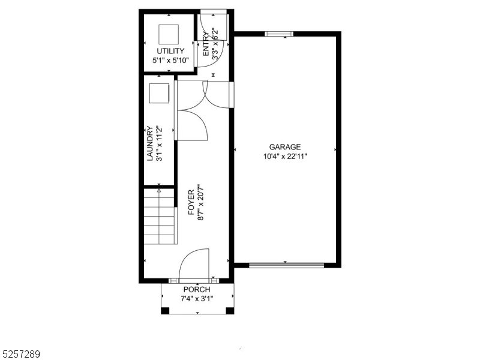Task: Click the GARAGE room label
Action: [284, 147]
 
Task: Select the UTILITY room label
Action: [170, 51]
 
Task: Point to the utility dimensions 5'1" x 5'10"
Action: [170, 60]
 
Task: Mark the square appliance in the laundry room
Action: [159, 94]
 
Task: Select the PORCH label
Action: [197, 289]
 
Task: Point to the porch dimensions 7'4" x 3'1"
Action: [197, 298]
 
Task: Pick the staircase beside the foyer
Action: [159, 217]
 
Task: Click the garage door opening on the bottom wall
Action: [286, 264]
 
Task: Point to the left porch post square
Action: [166, 310]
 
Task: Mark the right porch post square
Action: [230, 310]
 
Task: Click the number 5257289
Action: [22, 354]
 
